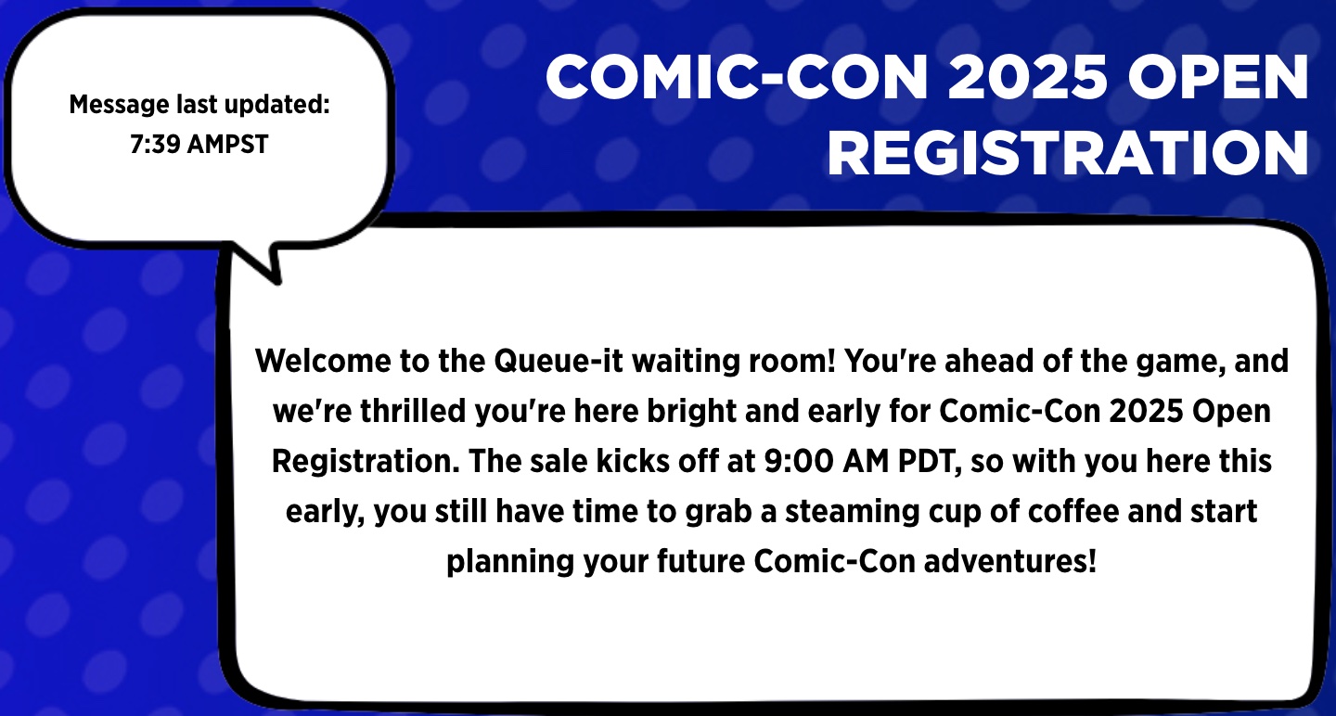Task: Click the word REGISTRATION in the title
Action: [1068, 153]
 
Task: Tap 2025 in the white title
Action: [1027, 78]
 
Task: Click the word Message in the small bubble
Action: [120, 105]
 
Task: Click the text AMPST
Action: [227, 144]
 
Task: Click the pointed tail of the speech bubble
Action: [276, 280]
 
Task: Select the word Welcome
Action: [323, 361]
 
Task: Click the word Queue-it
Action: [559, 362]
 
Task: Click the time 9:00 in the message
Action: [799, 462]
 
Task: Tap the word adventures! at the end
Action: [1010, 562]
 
